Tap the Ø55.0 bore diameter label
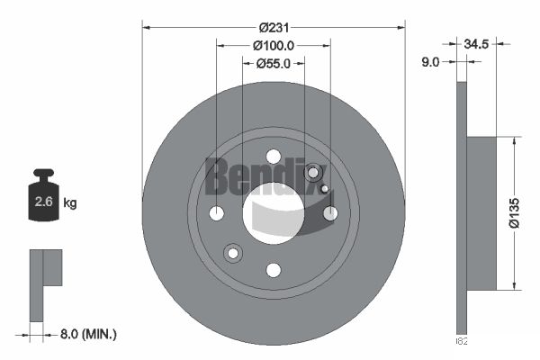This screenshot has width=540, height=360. (x=274, y=63)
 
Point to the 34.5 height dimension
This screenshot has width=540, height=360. (x=477, y=43)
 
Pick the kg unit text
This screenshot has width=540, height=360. (x=70, y=202)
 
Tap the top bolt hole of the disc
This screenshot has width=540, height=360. (x=274, y=157)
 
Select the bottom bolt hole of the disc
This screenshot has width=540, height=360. (x=274, y=270)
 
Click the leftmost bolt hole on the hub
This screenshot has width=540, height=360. (x=217, y=213)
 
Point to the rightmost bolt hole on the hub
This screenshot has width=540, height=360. (x=330, y=213)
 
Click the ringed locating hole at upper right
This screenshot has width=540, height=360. (x=313, y=173)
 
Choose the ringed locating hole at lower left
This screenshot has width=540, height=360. (x=233, y=253)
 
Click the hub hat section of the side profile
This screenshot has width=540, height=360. (x=483, y=213)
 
